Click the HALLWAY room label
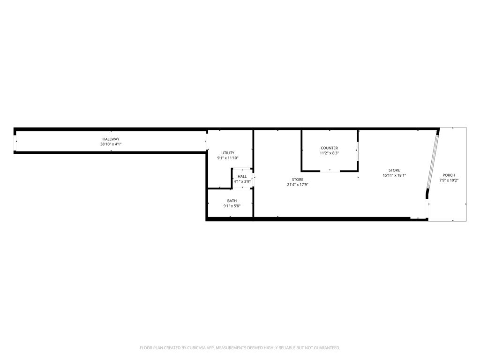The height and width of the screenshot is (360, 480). [111, 139]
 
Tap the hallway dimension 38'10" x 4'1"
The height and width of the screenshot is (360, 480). [111, 144]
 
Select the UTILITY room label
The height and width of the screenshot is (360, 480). [228, 153]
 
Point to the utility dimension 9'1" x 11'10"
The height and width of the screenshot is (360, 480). [228, 158]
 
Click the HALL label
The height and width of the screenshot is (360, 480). [242, 176]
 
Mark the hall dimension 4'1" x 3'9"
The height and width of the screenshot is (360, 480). [242, 181]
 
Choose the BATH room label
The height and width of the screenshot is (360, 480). [232, 201]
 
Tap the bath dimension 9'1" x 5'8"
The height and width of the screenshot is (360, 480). [232, 206]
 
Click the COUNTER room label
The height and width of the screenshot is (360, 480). [330, 148]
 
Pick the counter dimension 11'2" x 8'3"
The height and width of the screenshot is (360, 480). [330, 153]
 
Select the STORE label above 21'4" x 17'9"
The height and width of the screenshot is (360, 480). [298, 180]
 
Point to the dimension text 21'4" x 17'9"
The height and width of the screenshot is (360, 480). [298, 185]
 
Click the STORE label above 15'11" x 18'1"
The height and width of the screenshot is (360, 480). [394, 170]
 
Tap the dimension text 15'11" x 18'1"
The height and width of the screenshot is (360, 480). [394, 175]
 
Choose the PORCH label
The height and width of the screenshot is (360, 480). [449, 175]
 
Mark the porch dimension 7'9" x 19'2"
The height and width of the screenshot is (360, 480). [449, 180]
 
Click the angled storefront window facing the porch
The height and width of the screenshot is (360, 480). [432, 163]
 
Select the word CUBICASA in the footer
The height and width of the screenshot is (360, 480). [201, 348]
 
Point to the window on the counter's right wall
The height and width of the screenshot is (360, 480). [358, 150]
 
